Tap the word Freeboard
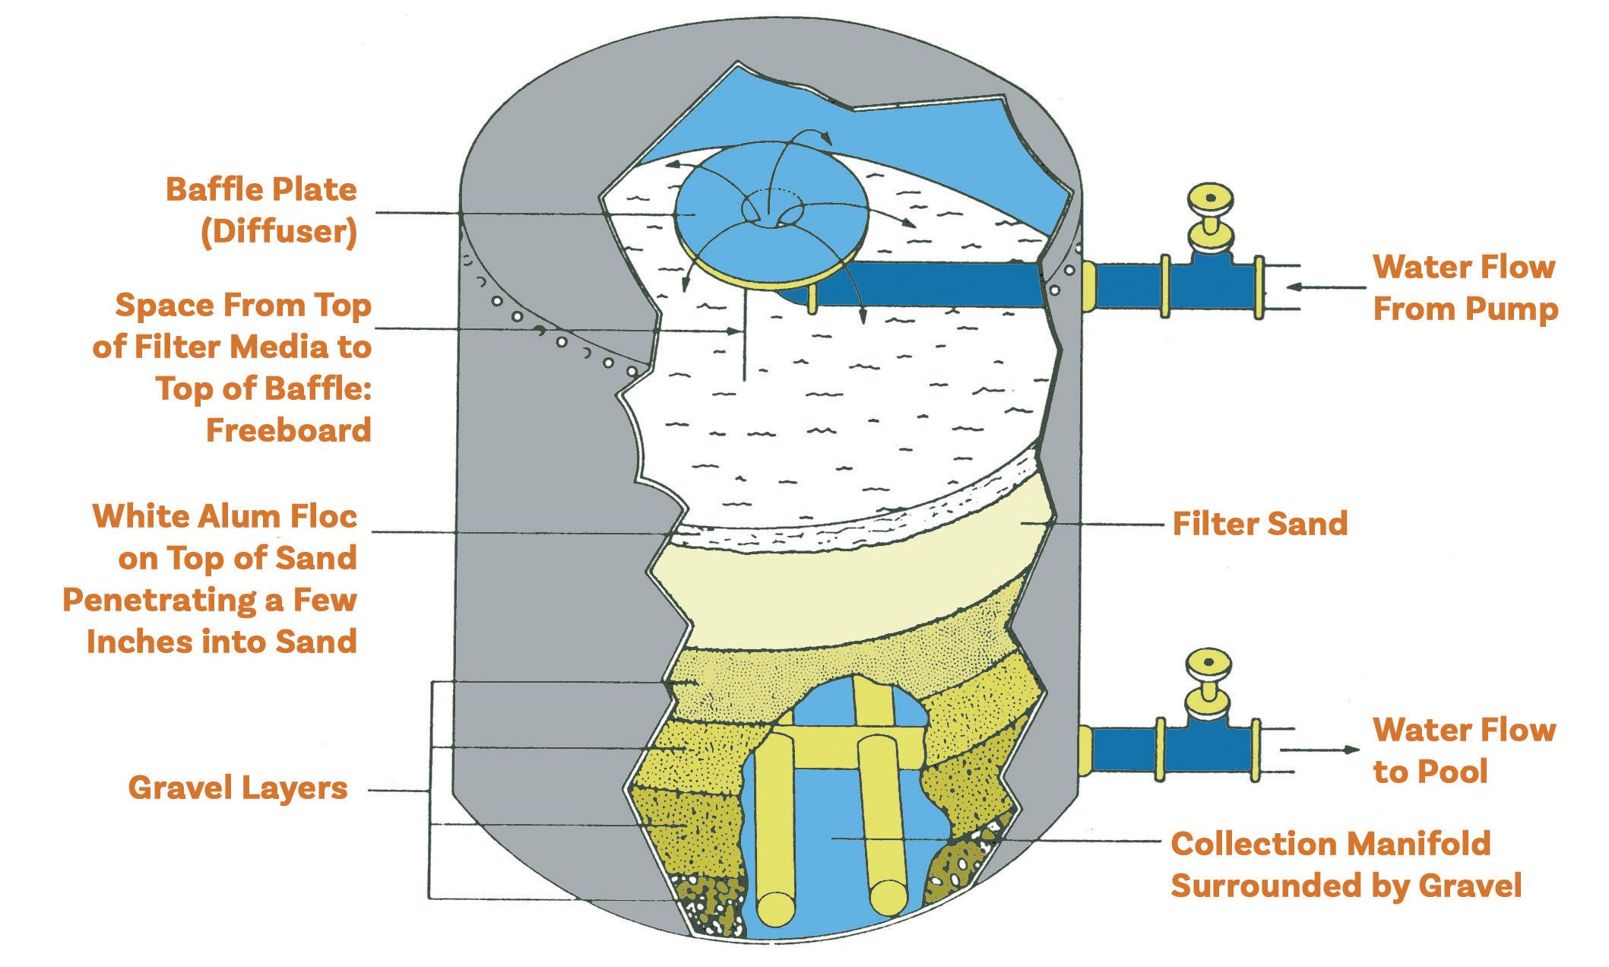point(289,430)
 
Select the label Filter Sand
point(1259,524)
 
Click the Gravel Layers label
point(238,788)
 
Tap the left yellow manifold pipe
point(774,829)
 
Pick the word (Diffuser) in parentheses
point(278,232)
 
